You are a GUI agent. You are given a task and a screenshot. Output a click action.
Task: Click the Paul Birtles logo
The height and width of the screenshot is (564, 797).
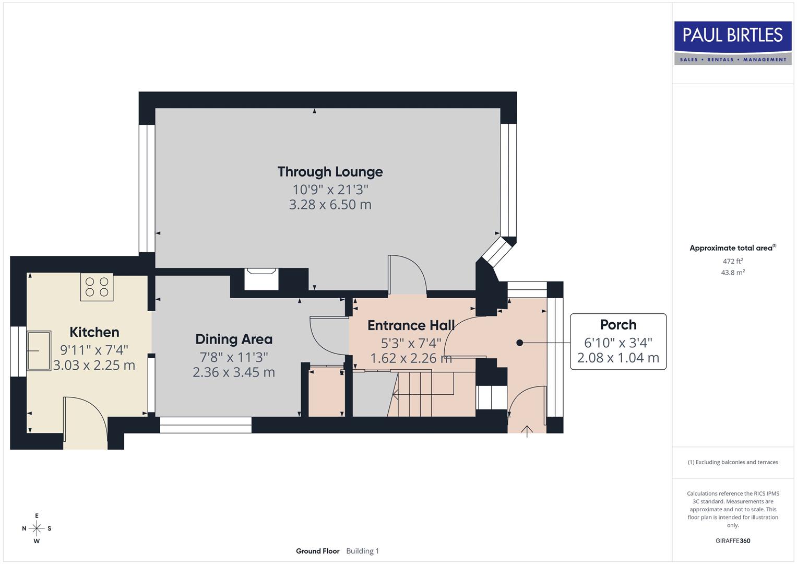733,43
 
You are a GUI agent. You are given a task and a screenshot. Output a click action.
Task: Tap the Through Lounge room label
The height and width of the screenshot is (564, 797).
330,172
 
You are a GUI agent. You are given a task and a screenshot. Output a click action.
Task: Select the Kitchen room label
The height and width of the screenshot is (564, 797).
94,332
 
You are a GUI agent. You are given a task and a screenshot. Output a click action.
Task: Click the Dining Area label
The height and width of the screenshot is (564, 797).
234,339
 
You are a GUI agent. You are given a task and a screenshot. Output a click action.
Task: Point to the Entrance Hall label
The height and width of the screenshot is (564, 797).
411,325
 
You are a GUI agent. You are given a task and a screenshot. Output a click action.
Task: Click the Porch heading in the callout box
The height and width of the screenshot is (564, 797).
618,325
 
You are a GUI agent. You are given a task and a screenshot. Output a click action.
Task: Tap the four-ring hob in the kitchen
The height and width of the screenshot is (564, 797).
97,287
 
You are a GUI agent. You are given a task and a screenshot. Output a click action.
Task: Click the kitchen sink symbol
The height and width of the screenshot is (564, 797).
39,350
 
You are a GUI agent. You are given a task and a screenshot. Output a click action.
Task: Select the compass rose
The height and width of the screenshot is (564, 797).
37,528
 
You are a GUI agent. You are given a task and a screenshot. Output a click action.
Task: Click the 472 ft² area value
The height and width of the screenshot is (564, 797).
733,261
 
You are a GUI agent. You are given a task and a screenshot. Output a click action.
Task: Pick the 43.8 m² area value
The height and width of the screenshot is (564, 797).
733,273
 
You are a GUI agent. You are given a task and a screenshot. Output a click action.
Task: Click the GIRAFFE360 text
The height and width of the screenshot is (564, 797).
733,540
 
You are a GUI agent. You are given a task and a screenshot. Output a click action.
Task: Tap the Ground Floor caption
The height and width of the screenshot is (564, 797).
317,551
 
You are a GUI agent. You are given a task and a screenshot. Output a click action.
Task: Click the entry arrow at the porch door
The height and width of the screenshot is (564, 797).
527,431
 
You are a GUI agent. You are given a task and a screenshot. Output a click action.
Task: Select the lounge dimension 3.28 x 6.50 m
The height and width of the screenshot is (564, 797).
330,205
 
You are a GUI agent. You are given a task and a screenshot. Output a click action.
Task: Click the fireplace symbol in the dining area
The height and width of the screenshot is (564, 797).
262,279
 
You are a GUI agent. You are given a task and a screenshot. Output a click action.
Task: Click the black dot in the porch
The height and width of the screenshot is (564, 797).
519,343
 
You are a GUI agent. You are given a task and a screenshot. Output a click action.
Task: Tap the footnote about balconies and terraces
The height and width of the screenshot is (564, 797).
733,462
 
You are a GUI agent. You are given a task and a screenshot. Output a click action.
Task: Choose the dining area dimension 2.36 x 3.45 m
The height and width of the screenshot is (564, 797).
234,372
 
